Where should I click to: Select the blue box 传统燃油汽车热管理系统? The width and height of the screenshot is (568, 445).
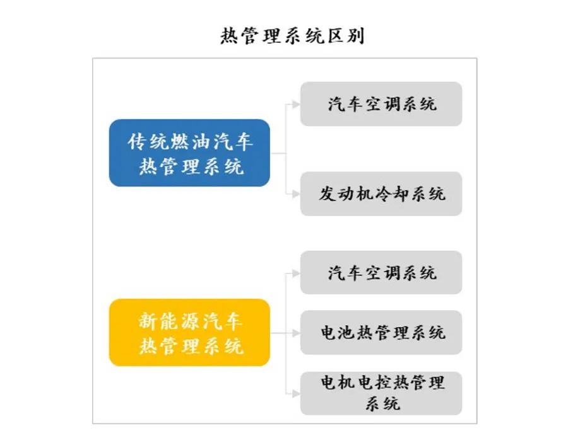[x=189, y=153]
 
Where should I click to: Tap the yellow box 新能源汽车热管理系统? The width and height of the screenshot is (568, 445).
[x=189, y=333]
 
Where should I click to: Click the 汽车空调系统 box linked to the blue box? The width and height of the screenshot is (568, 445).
[x=381, y=103]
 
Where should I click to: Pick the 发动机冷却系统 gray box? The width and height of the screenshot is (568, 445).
[x=381, y=193]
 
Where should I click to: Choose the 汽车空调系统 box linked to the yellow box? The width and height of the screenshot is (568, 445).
[x=381, y=272]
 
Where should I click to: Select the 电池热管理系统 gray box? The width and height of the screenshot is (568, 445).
[x=381, y=332]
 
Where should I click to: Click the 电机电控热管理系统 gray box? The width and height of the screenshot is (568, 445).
[x=381, y=393]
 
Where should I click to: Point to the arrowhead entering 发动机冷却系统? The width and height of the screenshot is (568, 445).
[x=296, y=193]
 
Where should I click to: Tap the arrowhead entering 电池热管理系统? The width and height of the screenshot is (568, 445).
[x=296, y=333]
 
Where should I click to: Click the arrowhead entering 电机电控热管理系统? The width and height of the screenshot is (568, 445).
[x=296, y=393]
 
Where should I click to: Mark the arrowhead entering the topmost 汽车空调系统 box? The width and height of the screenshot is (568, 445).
[x=296, y=104]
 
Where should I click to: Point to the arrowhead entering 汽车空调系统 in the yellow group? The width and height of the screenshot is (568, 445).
[x=296, y=273]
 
